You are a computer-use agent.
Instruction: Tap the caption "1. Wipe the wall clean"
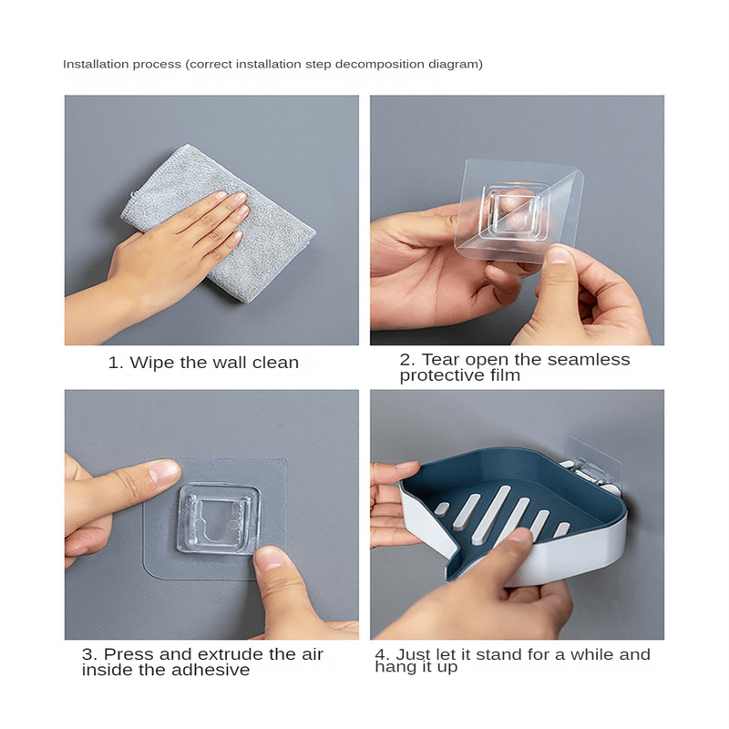click(203, 363)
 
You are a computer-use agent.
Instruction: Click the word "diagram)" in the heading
click(457, 64)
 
